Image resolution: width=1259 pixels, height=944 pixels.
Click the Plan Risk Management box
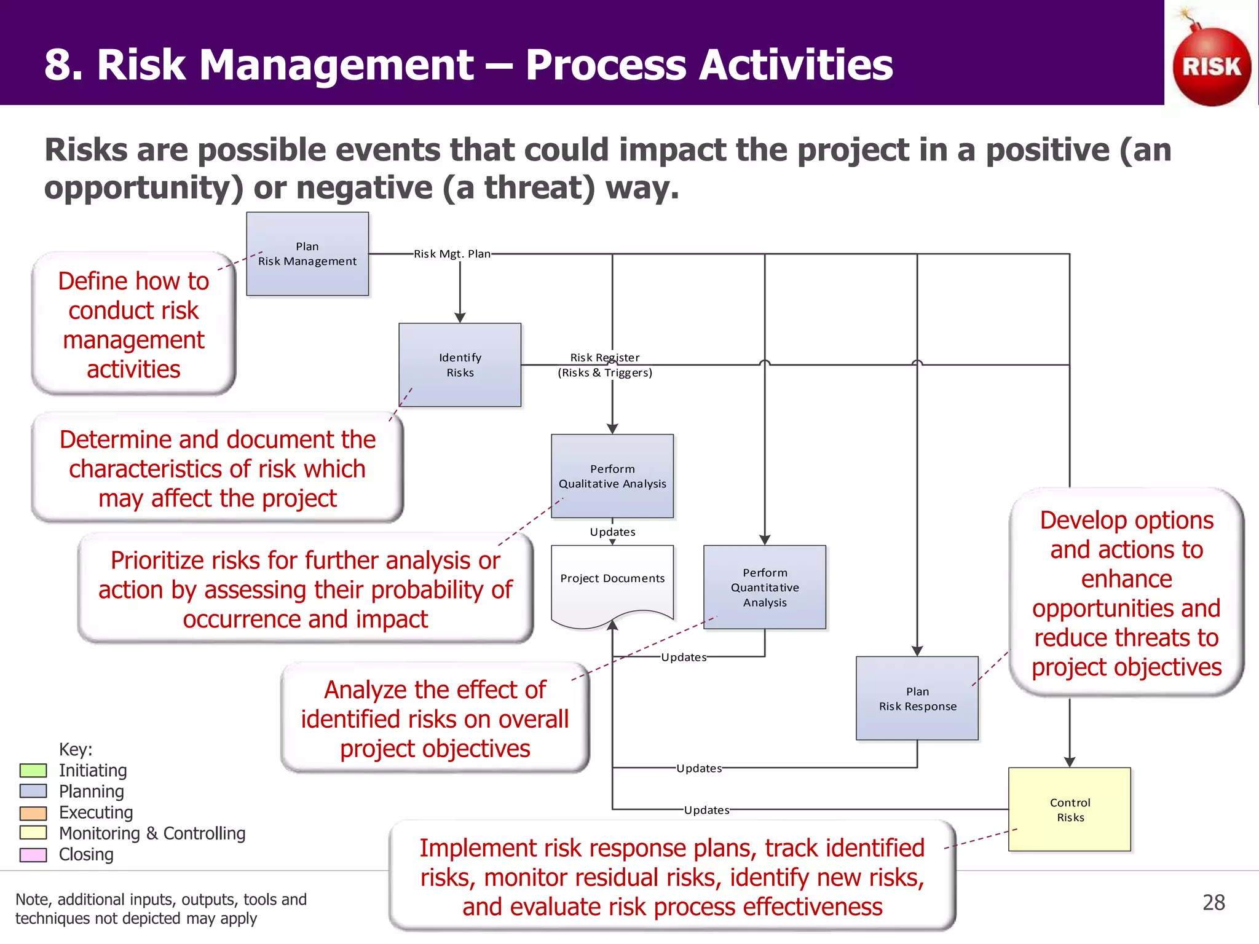coord(307,254)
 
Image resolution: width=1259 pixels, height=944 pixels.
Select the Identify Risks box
coord(460,365)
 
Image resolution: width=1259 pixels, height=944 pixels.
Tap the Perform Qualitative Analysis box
coord(612,476)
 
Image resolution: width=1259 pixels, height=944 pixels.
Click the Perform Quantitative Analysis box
coord(765,587)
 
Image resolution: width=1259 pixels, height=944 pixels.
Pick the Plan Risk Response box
coord(917,698)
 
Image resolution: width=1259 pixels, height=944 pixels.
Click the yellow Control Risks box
coord(1070,809)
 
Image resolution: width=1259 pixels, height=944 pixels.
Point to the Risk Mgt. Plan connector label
coord(452,254)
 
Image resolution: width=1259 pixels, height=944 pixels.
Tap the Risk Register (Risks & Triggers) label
coord(605,365)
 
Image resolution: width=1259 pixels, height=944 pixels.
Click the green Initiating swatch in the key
coord(33,770)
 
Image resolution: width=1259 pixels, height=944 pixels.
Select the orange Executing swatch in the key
coord(33,812)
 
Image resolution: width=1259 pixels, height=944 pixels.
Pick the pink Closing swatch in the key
coord(33,855)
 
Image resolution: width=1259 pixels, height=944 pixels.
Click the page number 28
coord(1214,902)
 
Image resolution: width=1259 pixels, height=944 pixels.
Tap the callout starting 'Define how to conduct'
coord(133,324)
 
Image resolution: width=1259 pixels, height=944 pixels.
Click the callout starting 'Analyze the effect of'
coord(435,718)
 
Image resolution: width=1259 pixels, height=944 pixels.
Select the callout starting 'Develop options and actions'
coord(1126,593)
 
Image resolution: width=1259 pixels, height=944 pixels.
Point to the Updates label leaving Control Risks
coord(706,810)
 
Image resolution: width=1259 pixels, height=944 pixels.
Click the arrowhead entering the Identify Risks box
coord(460,318)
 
